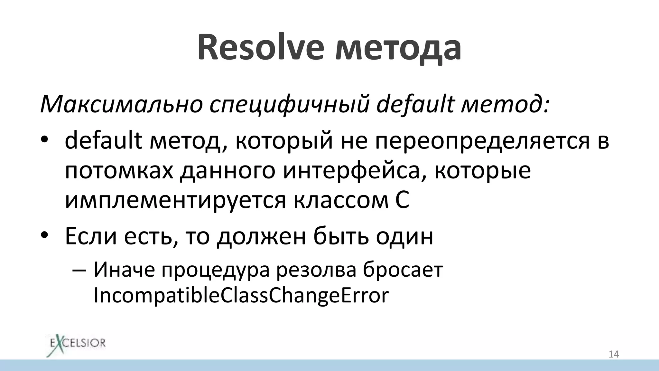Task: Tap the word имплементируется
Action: [175, 200]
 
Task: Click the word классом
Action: [341, 200]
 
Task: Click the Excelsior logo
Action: [76, 343]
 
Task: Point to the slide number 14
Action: [613, 354]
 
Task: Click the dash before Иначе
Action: [79, 271]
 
